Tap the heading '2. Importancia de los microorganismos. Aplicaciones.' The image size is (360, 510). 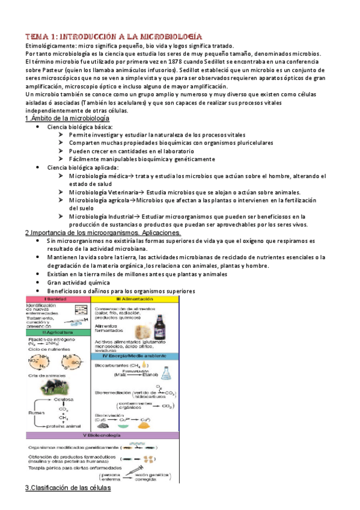point(102,233)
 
